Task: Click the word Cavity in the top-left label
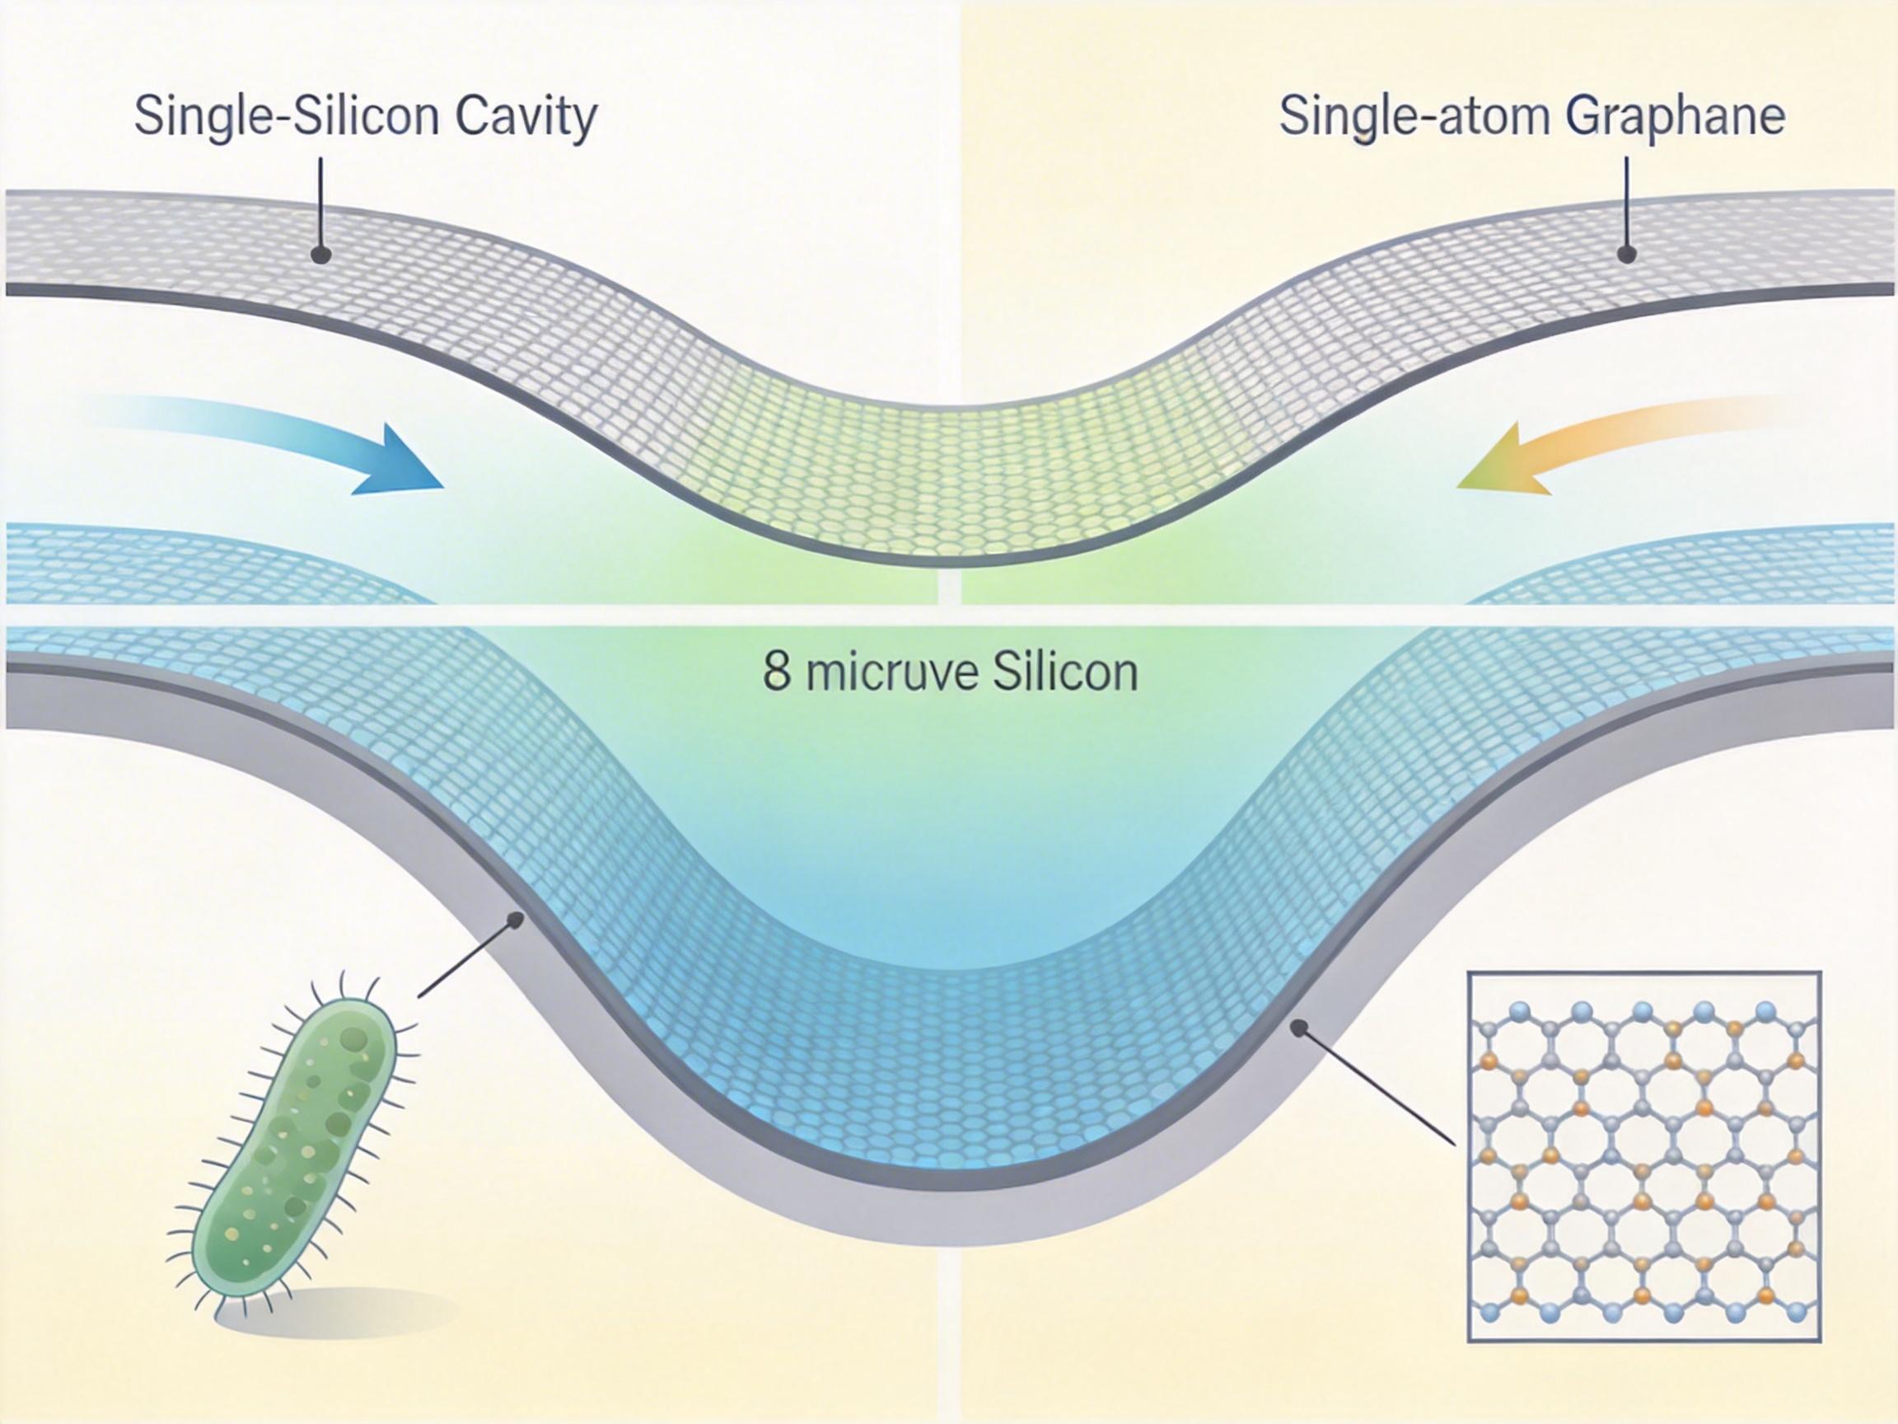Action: [525, 118]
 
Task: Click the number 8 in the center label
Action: [776, 672]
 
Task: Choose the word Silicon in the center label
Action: [1065, 672]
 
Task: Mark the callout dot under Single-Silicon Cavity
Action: [321, 255]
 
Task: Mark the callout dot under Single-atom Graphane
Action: [1626, 254]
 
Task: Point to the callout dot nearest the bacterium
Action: [515, 920]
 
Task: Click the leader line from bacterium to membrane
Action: [468, 957]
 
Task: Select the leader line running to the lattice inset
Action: [1377, 1083]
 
